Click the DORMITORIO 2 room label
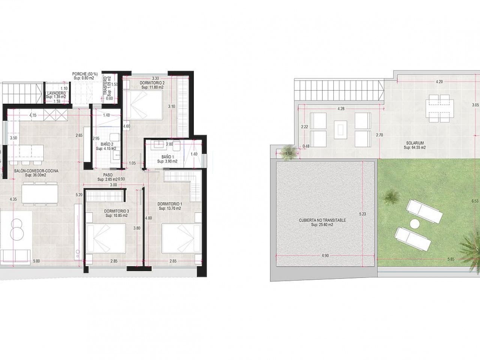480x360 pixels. (x=152, y=83)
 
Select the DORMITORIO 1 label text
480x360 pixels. (x=169, y=204)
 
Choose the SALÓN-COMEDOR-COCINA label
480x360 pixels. (x=36, y=171)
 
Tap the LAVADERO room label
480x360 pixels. (x=56, y=93)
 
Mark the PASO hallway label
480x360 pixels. (x=108, y=174)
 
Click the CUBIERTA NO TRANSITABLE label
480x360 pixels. (x=322, y=220)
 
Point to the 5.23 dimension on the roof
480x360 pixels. (x=362, y=214)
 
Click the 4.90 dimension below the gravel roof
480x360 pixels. (x=325, y=255)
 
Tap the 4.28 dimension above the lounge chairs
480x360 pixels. (x=340, y=109)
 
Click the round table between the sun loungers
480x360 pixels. (x=414, y=223)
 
